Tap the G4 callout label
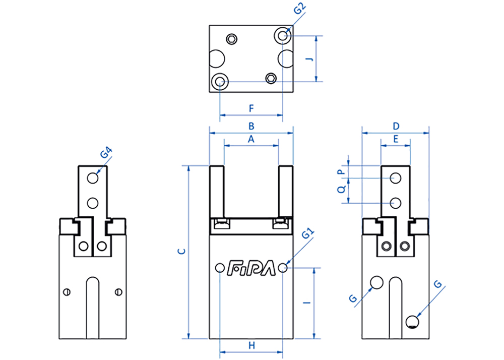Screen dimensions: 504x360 [x=106, y=152]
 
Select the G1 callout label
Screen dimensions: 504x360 [x=308, y=233]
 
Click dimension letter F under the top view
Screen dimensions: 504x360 [x=251, y=108]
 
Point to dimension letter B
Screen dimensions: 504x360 [x=251, y=126]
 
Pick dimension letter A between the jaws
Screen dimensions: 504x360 [x=251, y=139]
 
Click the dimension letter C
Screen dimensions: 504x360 [x=181, y=252]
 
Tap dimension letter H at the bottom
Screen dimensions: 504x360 [x=251, y=345]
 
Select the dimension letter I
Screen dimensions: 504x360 [x=307, y=303]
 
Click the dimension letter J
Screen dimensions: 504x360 [x=309, y=59]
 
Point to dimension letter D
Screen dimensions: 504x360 [x=396, y=126]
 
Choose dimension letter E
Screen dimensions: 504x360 [x=396, y=139]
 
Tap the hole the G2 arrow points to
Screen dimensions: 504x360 [x=283, y=35]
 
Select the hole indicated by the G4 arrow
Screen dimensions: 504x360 [x=93, y=178]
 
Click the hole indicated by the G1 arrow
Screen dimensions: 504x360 [x=283, y=267]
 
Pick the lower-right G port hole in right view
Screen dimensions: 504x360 [x=412, y=322]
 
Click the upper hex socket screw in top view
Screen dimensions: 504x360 [x=231, y=39]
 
